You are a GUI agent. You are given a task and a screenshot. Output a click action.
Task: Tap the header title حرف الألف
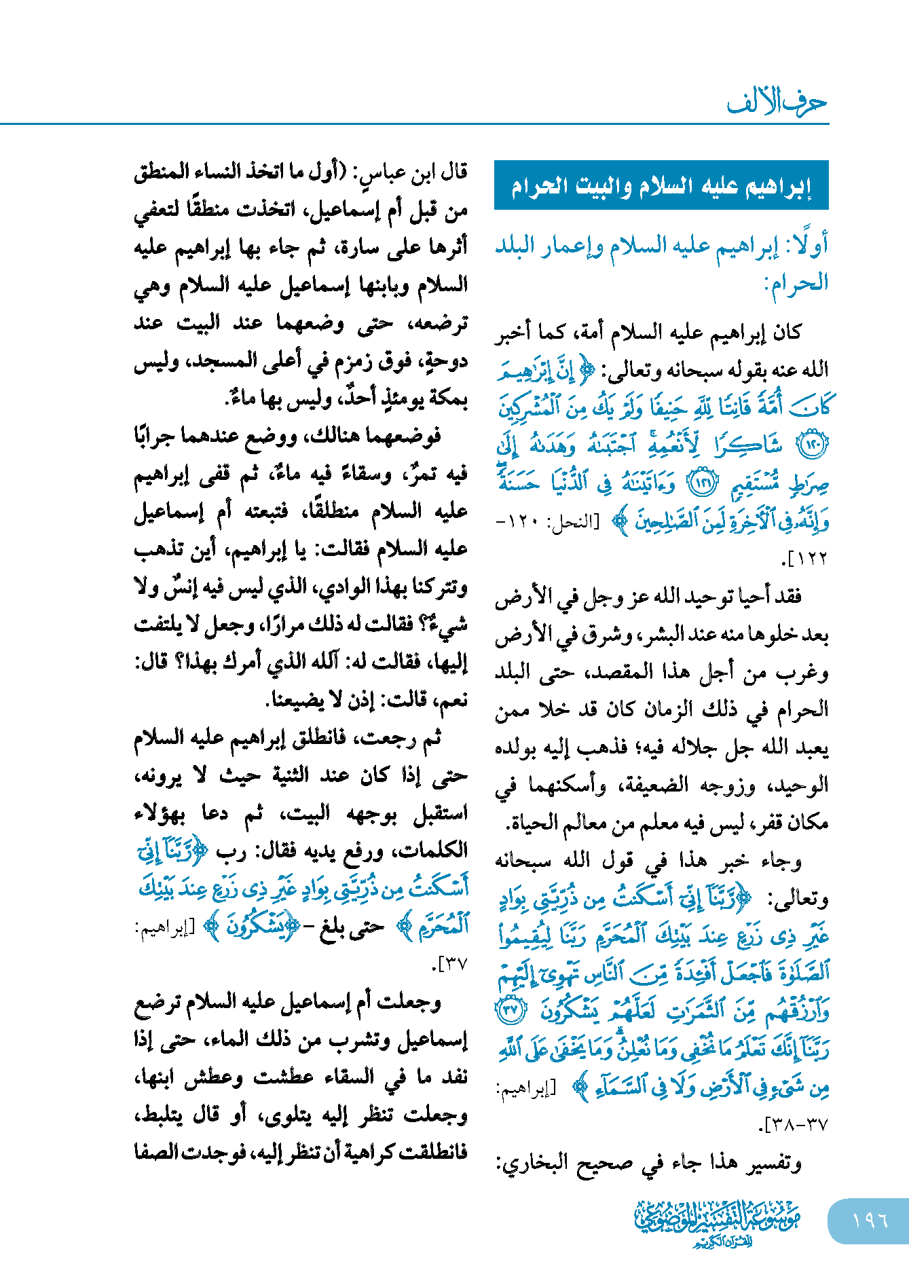pos(777,103)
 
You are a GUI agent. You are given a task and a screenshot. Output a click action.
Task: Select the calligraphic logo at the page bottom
pos(717,1222)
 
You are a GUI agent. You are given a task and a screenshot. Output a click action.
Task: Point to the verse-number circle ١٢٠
pos(814,446)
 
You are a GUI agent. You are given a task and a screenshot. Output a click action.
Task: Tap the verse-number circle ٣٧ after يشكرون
pos(510,1011)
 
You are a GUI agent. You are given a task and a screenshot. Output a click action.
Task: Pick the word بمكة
pos(445,399)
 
